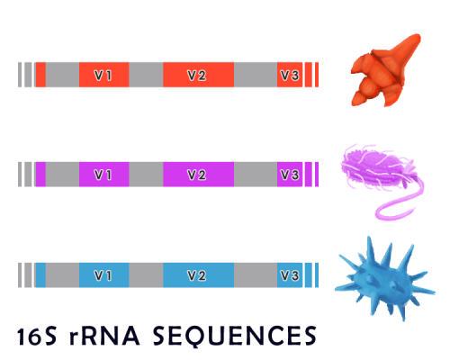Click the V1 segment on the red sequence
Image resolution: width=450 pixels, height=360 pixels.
point(104,75)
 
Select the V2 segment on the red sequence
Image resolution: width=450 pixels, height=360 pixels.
point(198,75)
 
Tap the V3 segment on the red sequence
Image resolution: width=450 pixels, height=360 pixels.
point(290,75)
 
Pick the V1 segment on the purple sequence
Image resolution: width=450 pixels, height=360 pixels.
point(104,175)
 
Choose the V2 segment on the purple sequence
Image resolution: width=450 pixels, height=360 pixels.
point(198,175)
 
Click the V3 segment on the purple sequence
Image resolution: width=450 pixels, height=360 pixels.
point(290,175)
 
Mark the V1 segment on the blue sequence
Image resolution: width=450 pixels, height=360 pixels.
point(104,275)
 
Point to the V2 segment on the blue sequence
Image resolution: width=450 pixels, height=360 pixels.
point(198,275)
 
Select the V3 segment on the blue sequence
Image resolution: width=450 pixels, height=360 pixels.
point(290,275)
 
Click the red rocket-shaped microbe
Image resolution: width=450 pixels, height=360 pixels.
point(384,72)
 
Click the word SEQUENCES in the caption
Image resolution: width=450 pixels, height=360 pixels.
point(235,336)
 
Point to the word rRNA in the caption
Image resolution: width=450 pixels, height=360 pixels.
point(104,336)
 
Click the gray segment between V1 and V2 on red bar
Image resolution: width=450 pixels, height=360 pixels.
point(146,75)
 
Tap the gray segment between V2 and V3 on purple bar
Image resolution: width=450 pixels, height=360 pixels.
point(256,175)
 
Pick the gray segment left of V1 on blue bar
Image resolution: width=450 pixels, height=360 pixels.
point(62,275)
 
